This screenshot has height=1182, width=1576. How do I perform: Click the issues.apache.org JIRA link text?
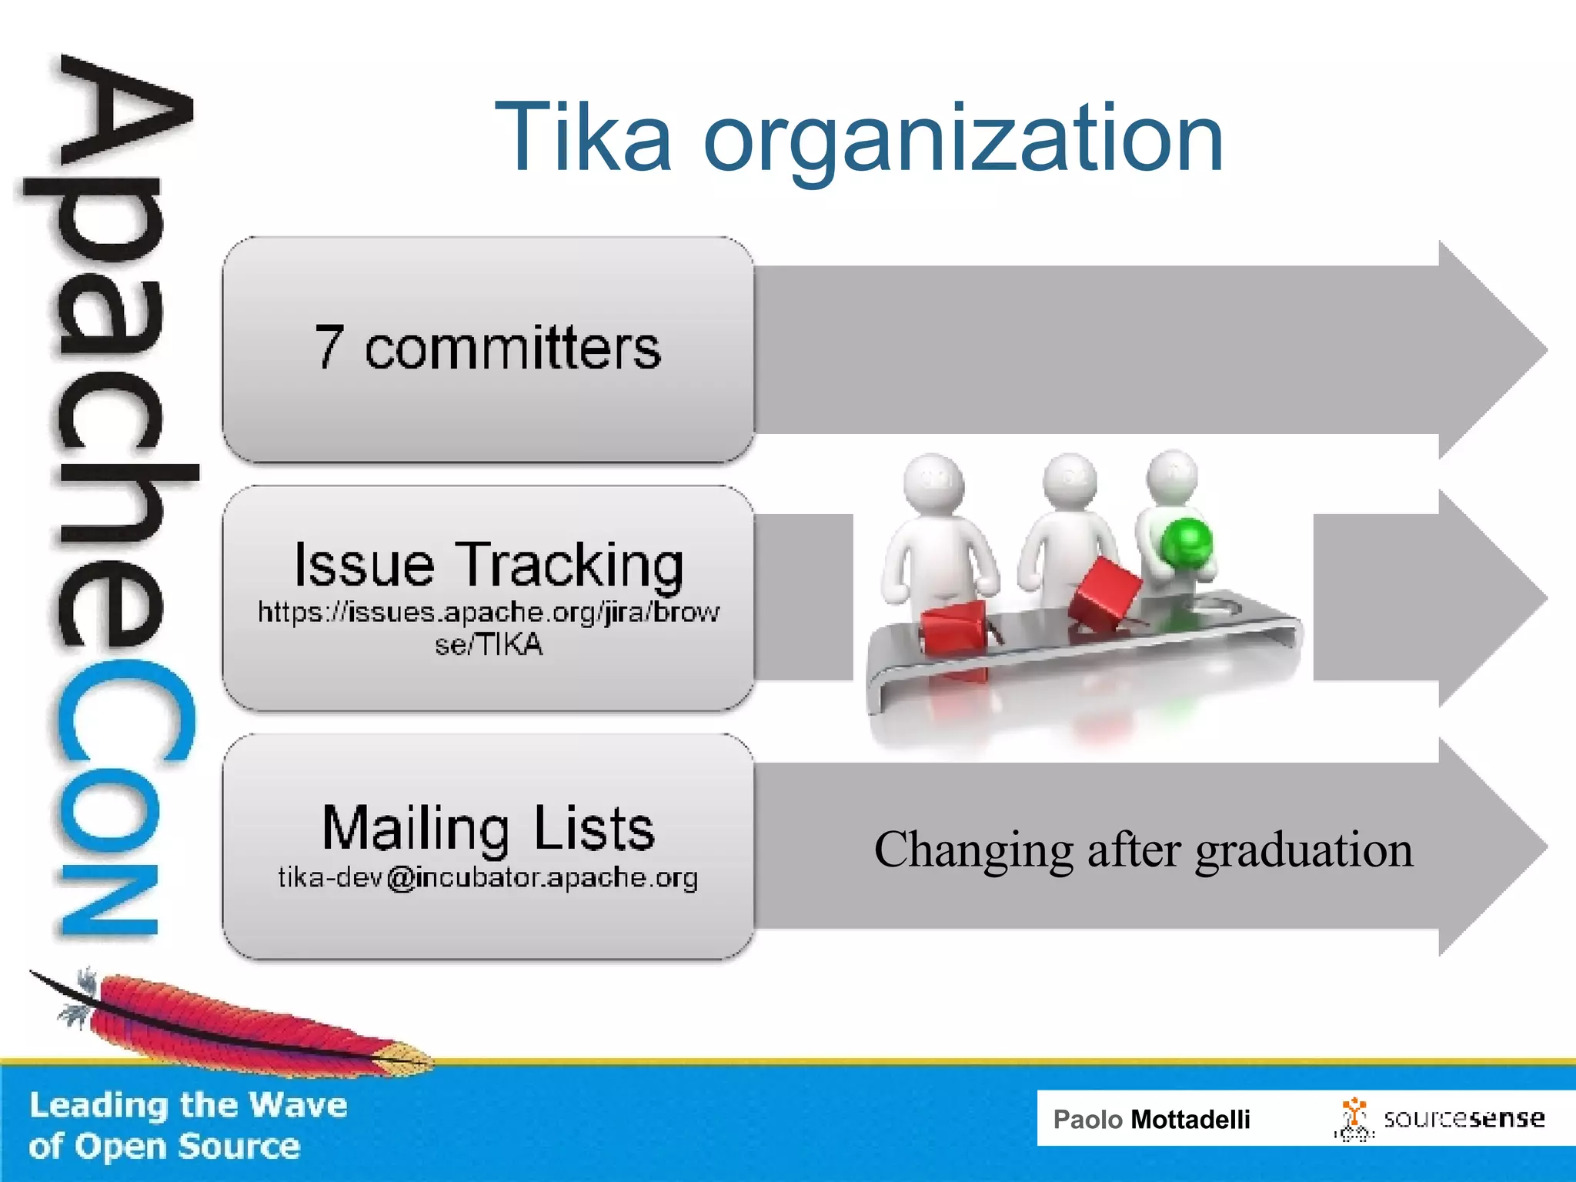pyautogui.click(x=488, y=627)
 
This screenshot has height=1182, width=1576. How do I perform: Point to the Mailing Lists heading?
pyautogui.click(x=488, y=828)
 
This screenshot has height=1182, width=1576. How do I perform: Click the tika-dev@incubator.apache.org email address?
pyautogui.click(x=488, y=877)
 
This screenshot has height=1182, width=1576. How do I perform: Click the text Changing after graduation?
pyautogui.click(x=1144, y=850)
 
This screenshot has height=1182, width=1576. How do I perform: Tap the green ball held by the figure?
pyautogui.click(x=1187, y=542)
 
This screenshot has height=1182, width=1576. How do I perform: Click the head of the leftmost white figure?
pyautogui.click(x=933, y=481)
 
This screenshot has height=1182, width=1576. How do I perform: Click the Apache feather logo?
pyautogui.click(x=231, y=1020)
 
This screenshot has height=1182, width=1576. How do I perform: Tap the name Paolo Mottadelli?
pyautogui.click(x=1151, y=1119)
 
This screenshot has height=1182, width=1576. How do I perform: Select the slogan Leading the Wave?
pyautogui.click(x=188, y=1105)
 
